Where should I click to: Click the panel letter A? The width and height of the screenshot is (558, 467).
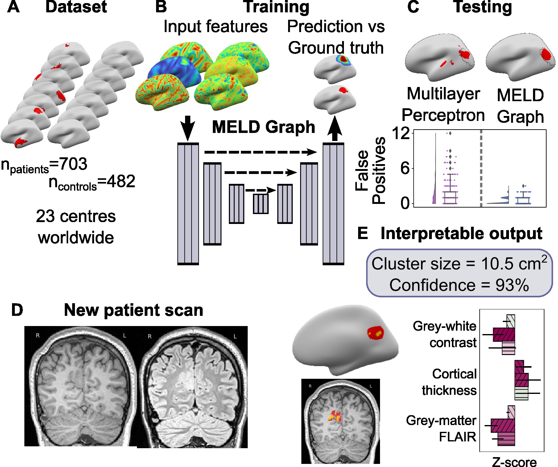[13, 7]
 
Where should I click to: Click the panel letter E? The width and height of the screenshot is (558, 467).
[363, 233]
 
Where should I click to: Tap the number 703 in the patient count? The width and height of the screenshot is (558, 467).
[73, 164]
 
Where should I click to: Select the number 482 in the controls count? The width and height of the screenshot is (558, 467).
[121, 181]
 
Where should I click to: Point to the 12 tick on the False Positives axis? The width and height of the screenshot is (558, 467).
[400, 134]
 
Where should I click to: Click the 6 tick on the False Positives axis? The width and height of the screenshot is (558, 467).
[405, 168]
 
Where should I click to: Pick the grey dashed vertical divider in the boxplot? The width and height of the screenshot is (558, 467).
[481, 168]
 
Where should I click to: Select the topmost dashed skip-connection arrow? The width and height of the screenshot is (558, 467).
[261, 152]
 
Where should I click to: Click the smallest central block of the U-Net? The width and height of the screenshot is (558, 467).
[261, 204]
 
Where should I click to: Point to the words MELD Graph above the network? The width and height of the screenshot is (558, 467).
[263, 127]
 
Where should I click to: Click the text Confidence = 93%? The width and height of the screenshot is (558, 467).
[459, 285]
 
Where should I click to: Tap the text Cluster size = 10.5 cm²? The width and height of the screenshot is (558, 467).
[459, 264]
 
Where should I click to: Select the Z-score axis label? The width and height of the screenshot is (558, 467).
[514, 462]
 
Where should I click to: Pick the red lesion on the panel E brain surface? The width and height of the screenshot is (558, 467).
[375, 333]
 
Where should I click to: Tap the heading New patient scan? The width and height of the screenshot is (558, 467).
[133, 310]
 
